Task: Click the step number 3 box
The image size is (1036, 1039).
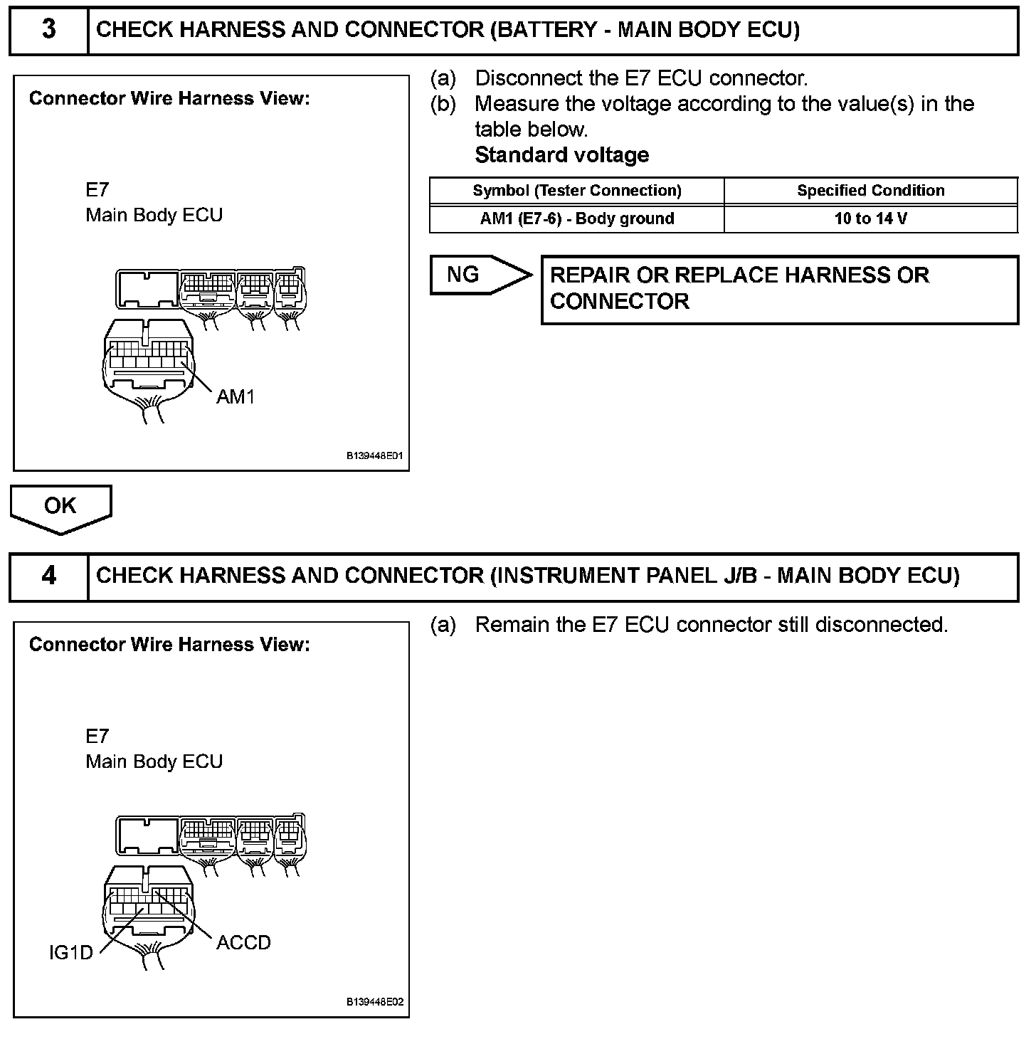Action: point(48,31)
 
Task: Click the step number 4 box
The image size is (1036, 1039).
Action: point(48,576)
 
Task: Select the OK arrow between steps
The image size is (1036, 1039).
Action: point(60,507)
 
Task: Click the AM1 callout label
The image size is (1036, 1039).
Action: point(236,396)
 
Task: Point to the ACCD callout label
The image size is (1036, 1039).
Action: point(243,943)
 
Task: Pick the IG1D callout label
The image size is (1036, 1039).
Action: point(70,952)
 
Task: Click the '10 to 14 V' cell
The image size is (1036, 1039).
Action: point(870,218)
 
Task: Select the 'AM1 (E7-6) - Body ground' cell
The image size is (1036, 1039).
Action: point(576,218)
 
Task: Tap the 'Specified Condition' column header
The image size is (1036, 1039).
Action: point(870,191)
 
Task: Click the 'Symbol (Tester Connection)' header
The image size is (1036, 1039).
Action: point(576,191)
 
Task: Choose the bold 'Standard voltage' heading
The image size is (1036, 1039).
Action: point(561,155)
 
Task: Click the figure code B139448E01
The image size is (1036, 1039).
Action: point(374,456)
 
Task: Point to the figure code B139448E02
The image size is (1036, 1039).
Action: point(374,1002)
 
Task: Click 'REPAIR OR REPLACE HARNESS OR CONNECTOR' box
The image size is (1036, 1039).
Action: point(779,289)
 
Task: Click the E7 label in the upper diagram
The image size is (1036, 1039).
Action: point(97,190)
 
